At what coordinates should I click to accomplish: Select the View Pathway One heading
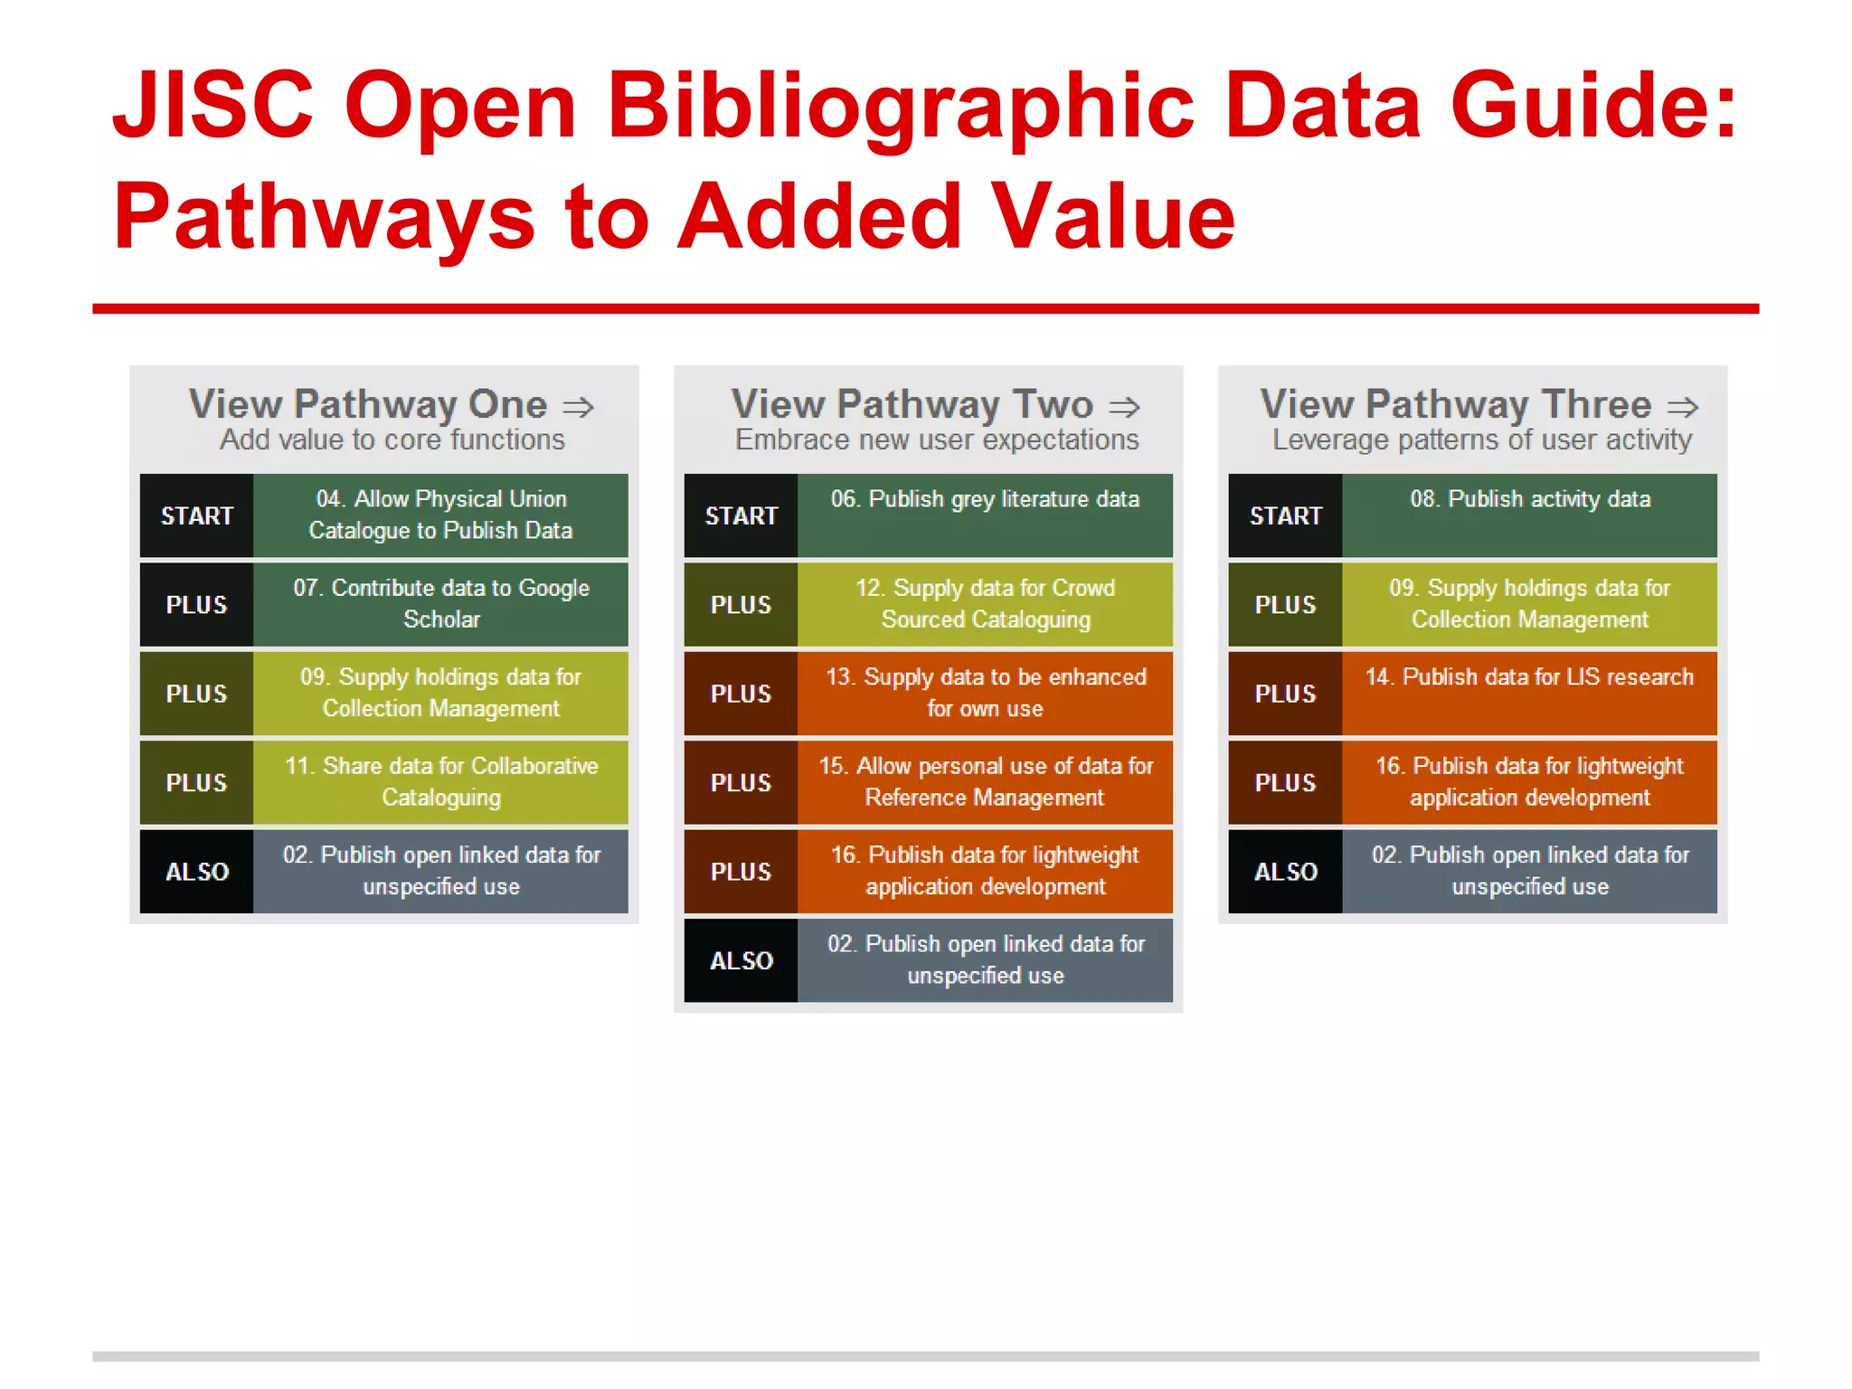368,404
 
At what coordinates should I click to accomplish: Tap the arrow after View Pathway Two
1124,407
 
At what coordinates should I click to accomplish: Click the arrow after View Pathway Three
1683,407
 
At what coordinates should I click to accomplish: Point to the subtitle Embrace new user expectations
937,440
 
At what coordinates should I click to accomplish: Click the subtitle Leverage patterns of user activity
1481,440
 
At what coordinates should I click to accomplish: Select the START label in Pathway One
196,516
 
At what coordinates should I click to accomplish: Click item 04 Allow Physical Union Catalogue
440,515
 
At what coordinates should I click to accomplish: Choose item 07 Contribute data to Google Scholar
440,604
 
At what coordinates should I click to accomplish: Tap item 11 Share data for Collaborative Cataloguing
440,782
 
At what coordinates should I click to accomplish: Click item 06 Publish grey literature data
985,500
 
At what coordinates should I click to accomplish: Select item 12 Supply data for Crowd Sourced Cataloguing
985,604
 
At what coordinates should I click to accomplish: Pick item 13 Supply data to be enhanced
985,693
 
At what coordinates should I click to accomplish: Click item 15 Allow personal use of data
985,782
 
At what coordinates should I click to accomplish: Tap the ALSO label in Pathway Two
741,961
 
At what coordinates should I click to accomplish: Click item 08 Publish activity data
1529,500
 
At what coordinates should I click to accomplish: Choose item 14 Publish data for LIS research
1529,678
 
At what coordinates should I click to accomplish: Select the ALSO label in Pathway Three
1285,872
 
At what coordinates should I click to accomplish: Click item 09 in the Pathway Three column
1529,604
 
